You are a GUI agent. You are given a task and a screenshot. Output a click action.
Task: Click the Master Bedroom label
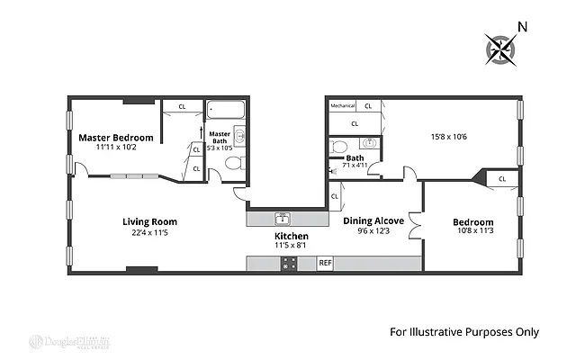pos(115,138)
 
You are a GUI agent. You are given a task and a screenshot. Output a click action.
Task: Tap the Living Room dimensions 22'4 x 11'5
pos(149,234)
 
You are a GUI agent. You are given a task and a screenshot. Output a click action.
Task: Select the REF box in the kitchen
pos(326,263)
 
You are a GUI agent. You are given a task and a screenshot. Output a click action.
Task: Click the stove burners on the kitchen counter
pos(290,263)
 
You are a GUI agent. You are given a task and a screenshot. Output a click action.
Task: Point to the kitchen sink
pos(282,218)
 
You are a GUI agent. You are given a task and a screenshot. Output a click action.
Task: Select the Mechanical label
pos(343,105)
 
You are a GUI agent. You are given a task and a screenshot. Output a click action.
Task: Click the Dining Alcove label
pos(373,220)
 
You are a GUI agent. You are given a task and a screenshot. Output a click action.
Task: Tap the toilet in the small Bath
pos(338,146)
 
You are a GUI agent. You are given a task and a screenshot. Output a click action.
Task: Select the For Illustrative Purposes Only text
pos(463,332)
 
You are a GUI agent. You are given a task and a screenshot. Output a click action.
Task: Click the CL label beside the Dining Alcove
pos(334,195)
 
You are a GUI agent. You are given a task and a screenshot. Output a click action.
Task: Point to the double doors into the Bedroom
pos(414,220)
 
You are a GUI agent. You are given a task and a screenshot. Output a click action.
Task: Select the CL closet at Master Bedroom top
pos(183,106)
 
